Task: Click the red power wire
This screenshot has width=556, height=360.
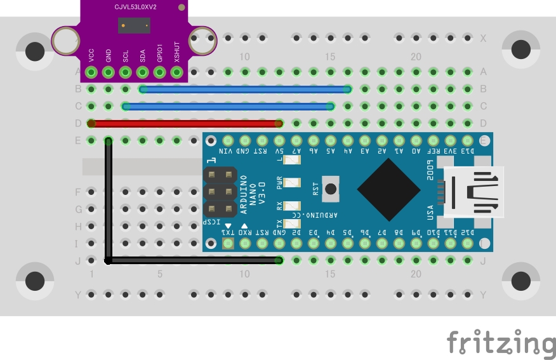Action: click(x=184, y=123)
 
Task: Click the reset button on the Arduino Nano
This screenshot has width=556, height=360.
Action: click(x=330, y=189)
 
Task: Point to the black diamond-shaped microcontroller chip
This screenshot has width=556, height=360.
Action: click(x=388, y=189)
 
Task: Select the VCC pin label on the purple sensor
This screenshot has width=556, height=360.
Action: click(x=91, y=55)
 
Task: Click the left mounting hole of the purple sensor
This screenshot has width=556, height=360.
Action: click(x=65, y=41)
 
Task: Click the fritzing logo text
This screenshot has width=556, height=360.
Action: click(x=501, y=343)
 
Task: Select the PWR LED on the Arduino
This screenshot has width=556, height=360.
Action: click(x=292, y=183)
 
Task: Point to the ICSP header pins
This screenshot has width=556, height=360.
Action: click(x=219, y=190)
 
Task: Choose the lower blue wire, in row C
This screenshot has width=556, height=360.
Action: click(x=228, y=106)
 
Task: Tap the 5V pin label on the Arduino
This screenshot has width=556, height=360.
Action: click(x=279, y=152)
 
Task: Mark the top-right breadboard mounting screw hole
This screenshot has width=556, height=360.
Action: click(x=520, y=49)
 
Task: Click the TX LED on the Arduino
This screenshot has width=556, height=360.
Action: click(x=292, y=223)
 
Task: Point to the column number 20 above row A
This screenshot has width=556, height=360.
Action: click(x=416, y=57)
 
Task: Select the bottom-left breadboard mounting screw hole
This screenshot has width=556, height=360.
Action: click(x=35, y=280)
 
